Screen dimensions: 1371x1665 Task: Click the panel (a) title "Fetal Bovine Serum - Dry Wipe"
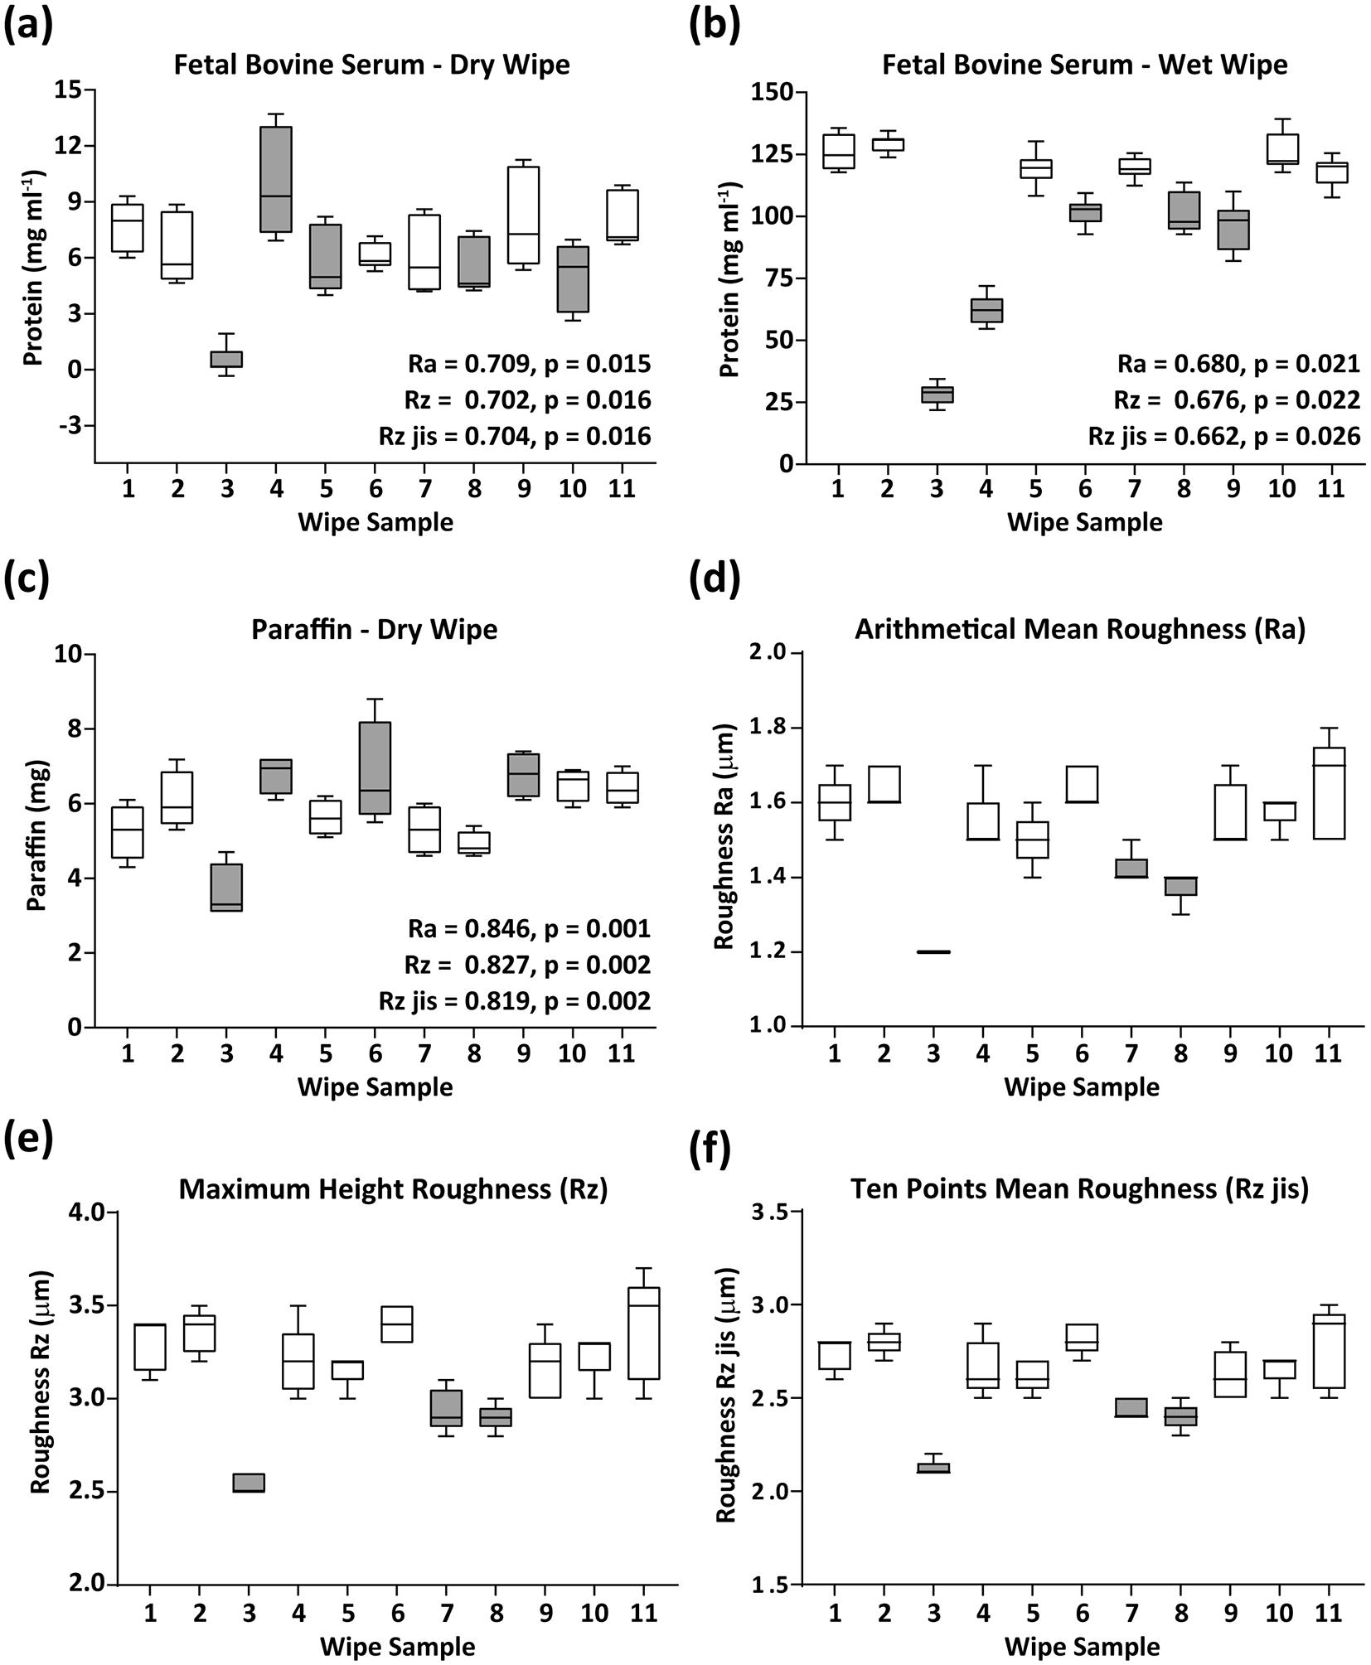click(372, 65)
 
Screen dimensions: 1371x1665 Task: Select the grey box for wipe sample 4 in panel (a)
click(277, 179)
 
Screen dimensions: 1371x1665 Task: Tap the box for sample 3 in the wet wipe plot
click(937, 394)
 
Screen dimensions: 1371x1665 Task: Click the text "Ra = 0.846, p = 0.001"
click(529, 928)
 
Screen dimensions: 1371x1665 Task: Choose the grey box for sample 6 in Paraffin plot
click(375, 767)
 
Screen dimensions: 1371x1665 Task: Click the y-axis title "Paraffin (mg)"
click(36, 840)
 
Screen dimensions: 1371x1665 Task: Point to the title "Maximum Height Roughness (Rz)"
click(394, 1190)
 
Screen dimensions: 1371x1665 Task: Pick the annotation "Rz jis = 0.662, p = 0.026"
click(1224, 437)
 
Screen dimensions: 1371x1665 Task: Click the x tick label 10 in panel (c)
click(573, 1053)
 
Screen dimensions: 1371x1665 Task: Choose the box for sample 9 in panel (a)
click(523, 215)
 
